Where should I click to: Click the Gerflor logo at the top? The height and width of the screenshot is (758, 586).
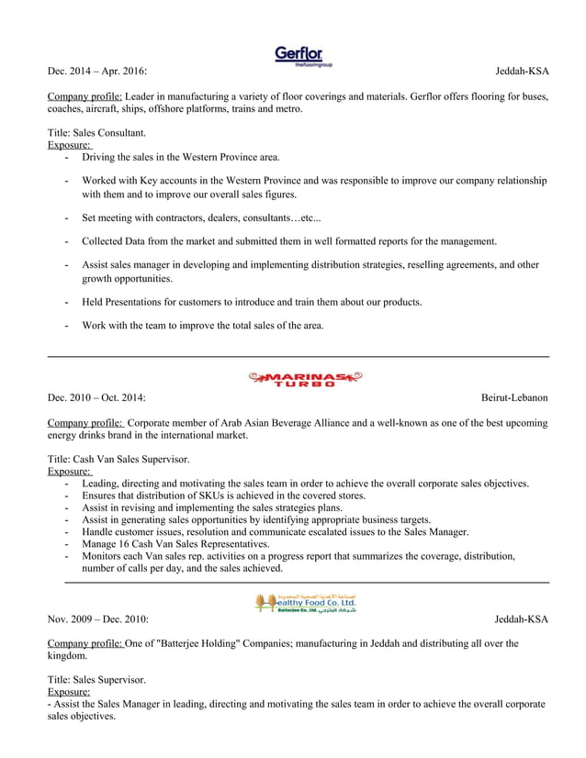[303, 55]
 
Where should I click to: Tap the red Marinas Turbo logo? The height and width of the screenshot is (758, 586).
[305, 378]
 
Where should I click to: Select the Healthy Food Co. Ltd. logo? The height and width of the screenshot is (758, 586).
[306, 602]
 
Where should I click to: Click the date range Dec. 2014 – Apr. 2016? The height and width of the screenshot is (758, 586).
[96, 71]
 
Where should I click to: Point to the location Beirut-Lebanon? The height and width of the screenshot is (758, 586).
[514, 397]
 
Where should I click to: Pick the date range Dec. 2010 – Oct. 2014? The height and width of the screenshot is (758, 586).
[96, 397]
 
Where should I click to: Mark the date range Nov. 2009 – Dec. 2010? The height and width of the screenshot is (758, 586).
[96, 619]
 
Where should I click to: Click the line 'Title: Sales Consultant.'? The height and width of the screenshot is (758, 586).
[96, 133]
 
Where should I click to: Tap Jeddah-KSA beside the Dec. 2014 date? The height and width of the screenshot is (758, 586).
[521, 71]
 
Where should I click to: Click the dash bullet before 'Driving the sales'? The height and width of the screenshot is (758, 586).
[68, 158]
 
